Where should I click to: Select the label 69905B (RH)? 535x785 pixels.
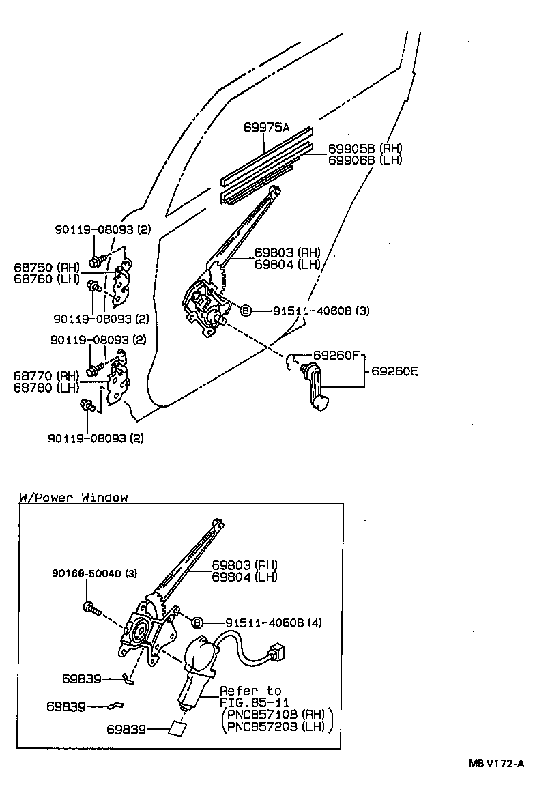click(x=365, y=149)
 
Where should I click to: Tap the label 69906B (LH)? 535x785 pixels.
click(x=365, y=160)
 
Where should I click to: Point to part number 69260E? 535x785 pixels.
click(x=394, y=372)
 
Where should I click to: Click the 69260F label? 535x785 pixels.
click(x=336, y=356)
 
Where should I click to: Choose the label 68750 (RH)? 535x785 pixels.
click(x=46, y=267)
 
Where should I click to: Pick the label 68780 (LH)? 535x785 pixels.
click(x=46, y=388)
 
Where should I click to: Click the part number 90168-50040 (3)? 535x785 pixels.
click(x=94, y=574)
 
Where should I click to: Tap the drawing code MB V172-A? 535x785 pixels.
click(x=496, y=763)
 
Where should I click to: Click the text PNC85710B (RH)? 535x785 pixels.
click(x=276, y=714)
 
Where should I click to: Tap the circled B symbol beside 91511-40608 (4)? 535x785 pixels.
click(x=197, y=623)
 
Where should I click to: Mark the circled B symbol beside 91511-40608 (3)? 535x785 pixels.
click(x=246, y=311)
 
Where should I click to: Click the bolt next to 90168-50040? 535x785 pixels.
click(x=91, y=607)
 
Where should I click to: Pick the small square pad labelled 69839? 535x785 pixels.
click(x=177, y=728)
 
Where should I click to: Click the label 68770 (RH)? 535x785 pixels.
click(x=46, y=375)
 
